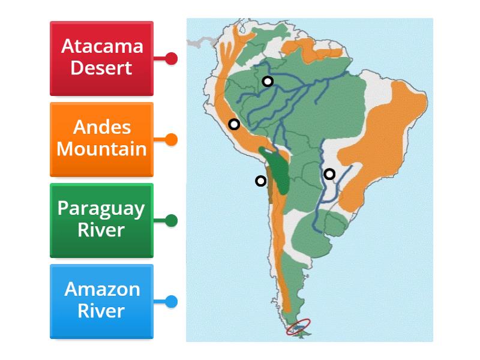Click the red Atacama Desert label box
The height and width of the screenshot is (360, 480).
click(101, 58)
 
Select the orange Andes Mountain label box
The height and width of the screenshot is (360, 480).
click(101, 139)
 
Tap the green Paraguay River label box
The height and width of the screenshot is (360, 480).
click(101, 220)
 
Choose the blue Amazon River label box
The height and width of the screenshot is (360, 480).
click(101, 301)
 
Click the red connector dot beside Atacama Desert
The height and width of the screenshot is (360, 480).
click(171, 59)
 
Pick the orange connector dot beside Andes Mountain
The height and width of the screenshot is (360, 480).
click(171, 140)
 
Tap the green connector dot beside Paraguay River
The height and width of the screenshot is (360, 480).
click(171, 221)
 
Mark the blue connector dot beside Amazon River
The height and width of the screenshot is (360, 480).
click(171, 302)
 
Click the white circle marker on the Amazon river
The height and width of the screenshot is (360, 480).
click(268, 81)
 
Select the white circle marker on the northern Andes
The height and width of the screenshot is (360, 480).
click(234, 124)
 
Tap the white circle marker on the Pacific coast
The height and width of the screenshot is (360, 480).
click(260, 181)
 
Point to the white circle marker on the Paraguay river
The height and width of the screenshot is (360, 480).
click(329, 174)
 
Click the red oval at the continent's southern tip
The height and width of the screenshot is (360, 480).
click(298, 326)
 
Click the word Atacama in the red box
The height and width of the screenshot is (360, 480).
click(102, 46)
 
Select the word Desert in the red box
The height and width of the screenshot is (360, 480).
click(101, 68)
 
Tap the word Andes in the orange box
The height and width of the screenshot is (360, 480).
click(101, 127)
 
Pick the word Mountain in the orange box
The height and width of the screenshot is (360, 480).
click(101, 149)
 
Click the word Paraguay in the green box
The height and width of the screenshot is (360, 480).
click(101, 208)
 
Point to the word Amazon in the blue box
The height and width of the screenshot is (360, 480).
click(102, 289)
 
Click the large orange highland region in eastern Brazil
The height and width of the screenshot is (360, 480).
click(390, 132)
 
